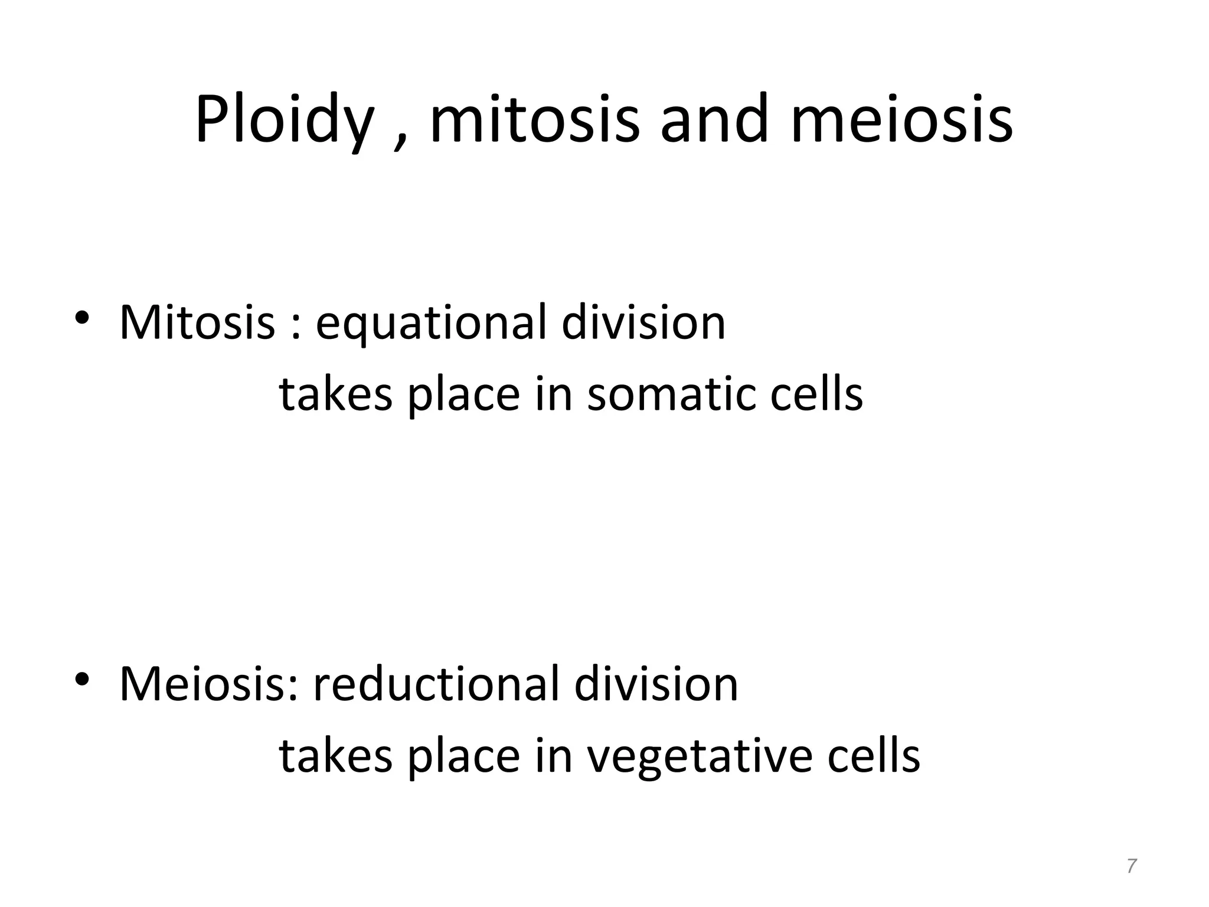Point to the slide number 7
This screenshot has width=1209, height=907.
(x=1131, y=866)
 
